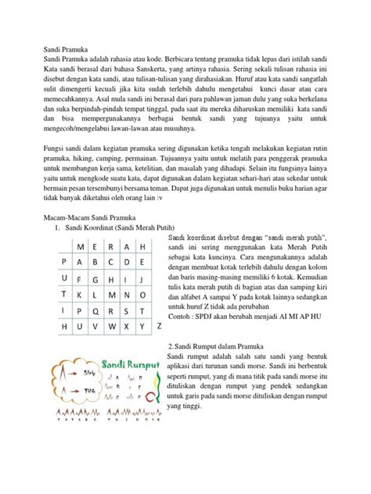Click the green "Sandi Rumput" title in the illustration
point(131,365)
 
